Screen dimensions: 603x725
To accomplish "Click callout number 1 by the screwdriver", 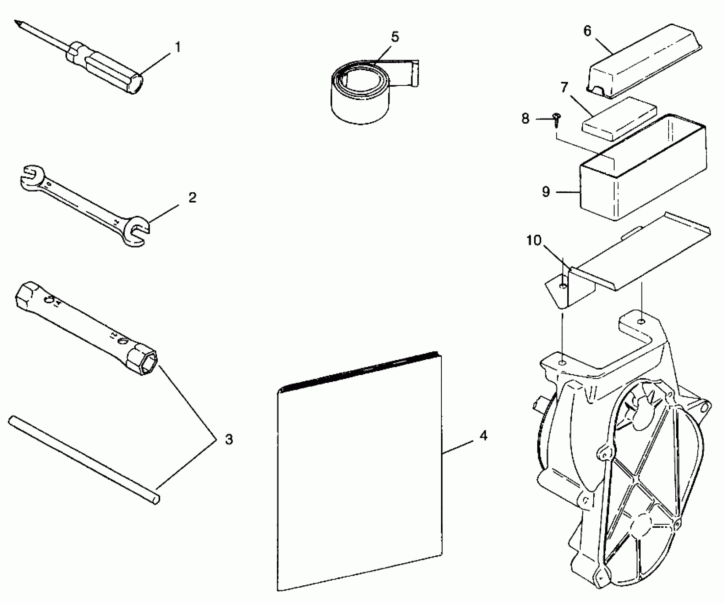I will pos(178,47).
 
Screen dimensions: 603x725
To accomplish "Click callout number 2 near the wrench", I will pos(192,198).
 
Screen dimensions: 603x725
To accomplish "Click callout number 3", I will pos(229,439).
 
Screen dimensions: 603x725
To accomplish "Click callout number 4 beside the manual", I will pos(483,436).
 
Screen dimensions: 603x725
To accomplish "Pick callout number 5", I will pos(395,37).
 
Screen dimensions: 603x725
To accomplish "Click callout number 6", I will pos(588,31).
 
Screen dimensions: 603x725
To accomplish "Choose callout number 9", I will pos(546,192).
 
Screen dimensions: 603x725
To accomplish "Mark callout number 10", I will pos(533,240).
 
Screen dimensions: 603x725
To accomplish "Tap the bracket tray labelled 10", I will pos(632,259).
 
